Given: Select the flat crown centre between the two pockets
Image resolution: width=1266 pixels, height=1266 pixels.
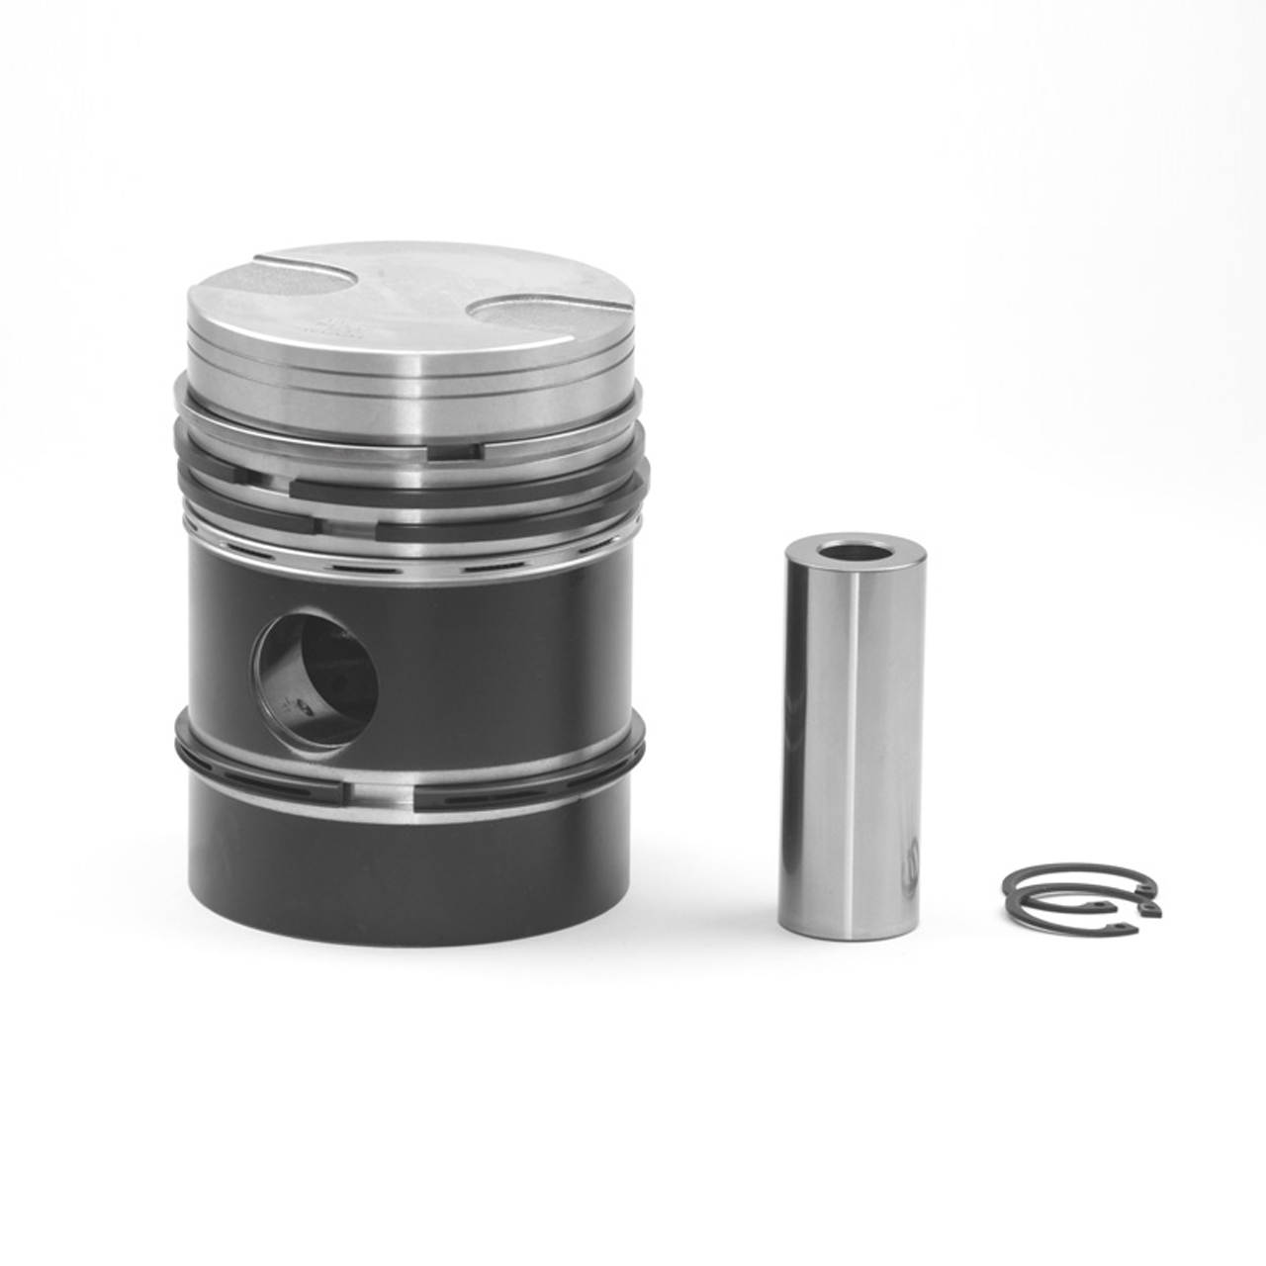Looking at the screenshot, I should pyautogui.click(x=415, y=297).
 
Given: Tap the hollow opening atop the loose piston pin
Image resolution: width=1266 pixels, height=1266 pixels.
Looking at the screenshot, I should pyautogui.click(x=855, y=548).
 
